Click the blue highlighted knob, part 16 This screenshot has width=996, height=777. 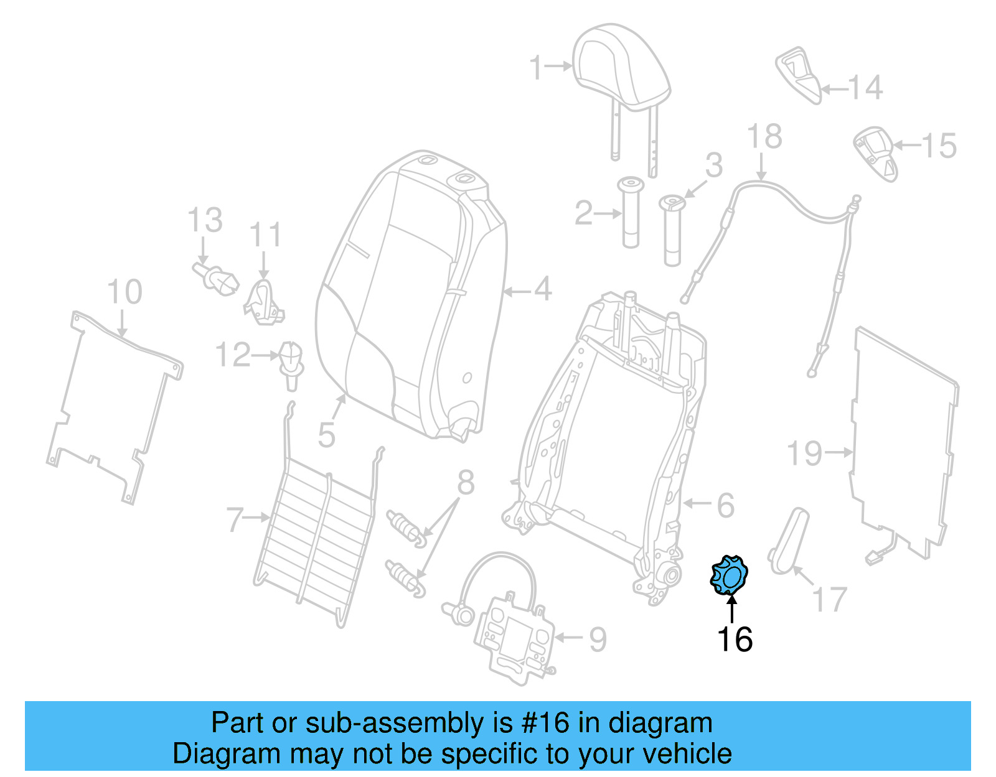pyautogui.click(x=729, y=575)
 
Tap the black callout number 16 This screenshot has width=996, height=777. pyautogui.click(x=735, y=640)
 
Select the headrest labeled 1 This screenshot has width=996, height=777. pyautogui.click(x=621, y=68)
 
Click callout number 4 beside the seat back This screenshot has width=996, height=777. pyautogui.click(x=543, y=290)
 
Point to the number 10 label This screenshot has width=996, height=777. pyautogui.click(x=125, y=292)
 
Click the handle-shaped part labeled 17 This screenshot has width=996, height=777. pyautogui.click(x=789, y=540)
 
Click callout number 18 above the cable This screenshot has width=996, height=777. pyautogui.click(x=764, y=136)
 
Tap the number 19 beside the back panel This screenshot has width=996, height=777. pyautogui.click(x=804, y=453)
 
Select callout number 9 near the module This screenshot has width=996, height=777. pyautogui.click(x=598, y=639)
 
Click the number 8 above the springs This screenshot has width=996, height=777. pyautogui.click(x=466, y=483)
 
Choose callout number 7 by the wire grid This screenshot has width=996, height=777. pyautogui.click(x=235, y=519)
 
